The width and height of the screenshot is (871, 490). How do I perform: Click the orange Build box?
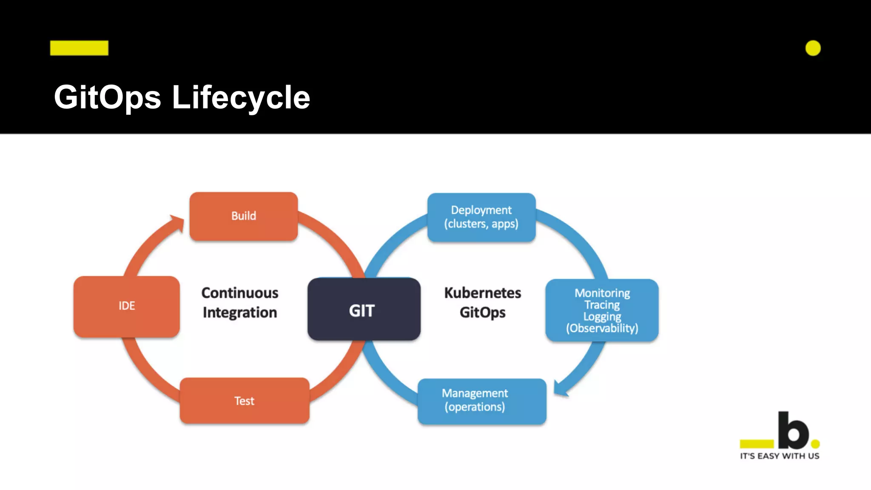(x=243, y=216)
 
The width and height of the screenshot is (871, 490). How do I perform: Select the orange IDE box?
(x=126, y=306)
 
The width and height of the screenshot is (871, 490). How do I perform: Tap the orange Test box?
(x=244, y=401)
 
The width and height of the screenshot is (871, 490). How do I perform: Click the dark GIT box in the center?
(x=364, y=310)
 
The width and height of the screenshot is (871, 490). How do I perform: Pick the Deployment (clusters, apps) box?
(x=481, y=217)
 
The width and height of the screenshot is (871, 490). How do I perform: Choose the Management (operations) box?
(x=481, y=401)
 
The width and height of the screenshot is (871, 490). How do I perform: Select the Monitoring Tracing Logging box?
(x=602, y=310)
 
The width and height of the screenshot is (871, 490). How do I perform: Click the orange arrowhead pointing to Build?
(x=178, y=222)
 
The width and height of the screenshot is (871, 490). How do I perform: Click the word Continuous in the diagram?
(x=240, y=293)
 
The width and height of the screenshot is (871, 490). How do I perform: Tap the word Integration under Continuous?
(x=240, y=313)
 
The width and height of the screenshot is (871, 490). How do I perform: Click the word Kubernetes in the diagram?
(x=483, y=293)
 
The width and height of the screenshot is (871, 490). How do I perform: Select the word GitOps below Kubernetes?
(x=483, y=313)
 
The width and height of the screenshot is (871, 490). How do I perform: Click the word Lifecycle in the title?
(x=241, y=97)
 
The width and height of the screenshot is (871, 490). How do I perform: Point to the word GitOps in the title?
(x=108, y=97)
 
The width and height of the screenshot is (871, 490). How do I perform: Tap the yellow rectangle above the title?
(x=79, y=48)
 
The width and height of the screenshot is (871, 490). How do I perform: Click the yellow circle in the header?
(x=813, y=48)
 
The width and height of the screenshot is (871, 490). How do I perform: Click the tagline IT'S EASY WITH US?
(x=780, y=456)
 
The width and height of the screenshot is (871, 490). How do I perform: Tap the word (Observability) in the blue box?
(x=602, y=328)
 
